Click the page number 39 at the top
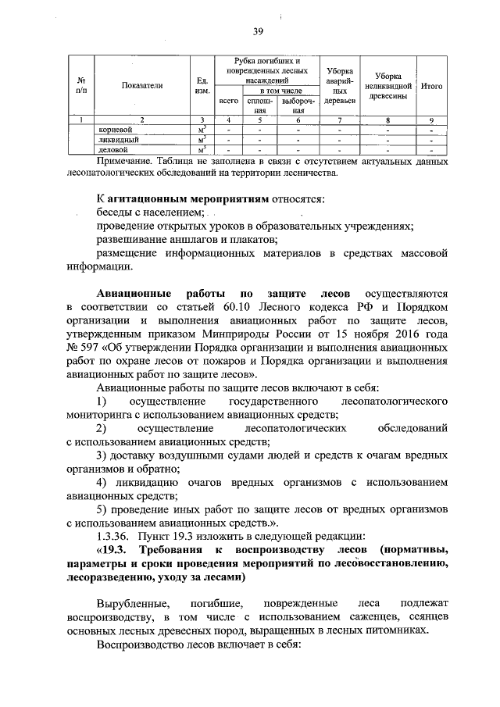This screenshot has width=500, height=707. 259,31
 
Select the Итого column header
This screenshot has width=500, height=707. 432,86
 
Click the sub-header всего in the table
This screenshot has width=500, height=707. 228,101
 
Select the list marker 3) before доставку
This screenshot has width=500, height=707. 102,455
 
